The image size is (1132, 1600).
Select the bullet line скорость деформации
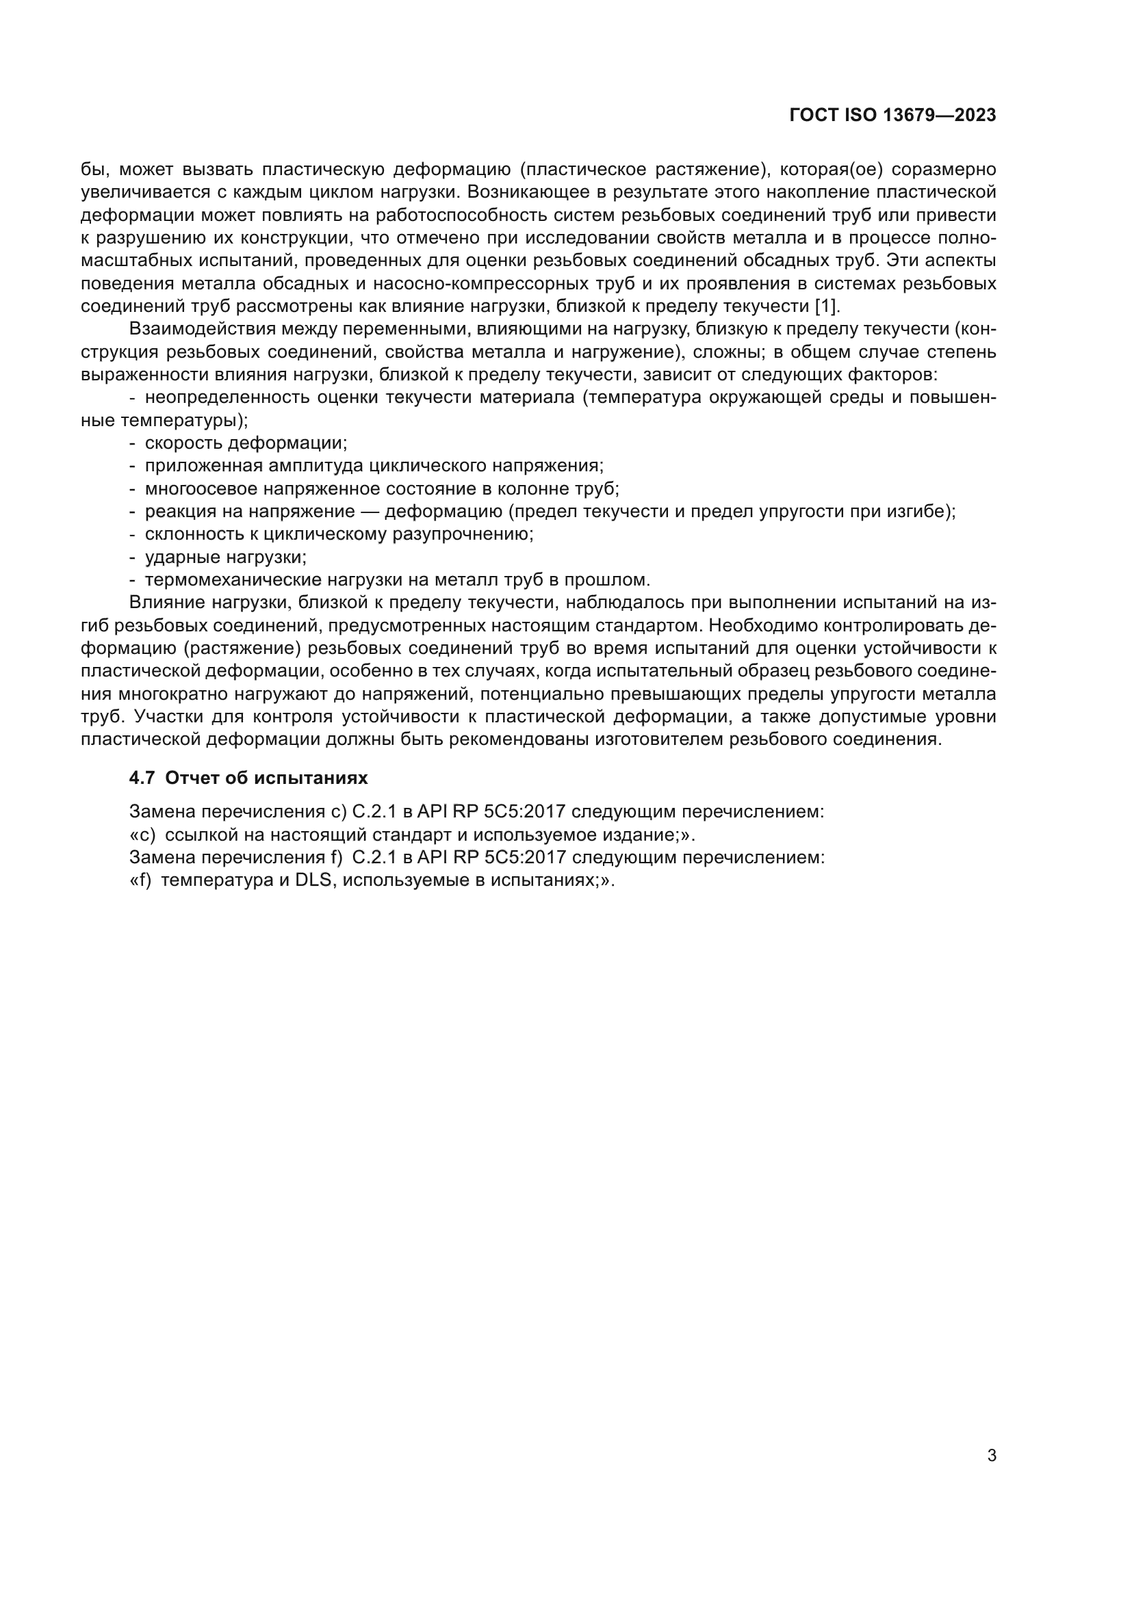tap(246, 443)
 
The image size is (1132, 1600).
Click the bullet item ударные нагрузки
tap(225, 558)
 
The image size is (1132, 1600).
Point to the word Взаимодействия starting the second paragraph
tap(196, 329)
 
